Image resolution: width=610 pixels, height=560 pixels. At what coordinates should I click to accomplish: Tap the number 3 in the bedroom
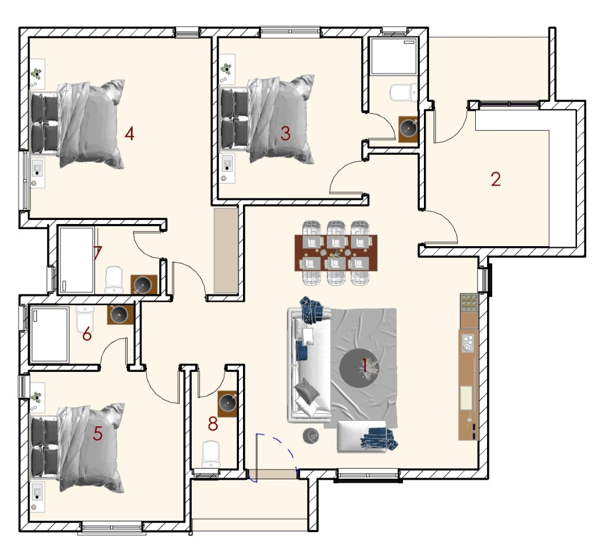[285, 134]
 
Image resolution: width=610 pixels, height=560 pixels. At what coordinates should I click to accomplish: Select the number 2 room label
[495, 179]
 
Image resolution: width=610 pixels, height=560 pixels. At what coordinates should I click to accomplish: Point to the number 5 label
[97, 433]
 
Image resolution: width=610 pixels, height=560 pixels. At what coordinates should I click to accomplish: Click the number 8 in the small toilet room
[213, 424]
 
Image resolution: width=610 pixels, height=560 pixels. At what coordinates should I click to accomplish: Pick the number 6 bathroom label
[86, 334]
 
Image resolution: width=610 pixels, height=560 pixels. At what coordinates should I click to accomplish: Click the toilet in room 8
[211, 454]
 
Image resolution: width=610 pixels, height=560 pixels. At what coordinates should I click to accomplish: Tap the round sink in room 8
[228, 403]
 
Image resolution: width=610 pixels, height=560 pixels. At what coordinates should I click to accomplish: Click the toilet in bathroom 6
[84, 319]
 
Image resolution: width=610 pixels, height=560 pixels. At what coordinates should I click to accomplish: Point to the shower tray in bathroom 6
[49, 334]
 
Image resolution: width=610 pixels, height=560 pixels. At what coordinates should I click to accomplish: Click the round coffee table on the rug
[358, 368]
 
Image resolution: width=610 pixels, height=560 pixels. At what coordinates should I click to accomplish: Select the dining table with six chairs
[336, 253]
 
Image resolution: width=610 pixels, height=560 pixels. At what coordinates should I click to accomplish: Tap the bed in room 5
[77, 447]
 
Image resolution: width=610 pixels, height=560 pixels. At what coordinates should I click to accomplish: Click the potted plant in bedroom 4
[36, 72]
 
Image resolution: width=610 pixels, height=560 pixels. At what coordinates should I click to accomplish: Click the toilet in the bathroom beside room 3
[403, 93]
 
